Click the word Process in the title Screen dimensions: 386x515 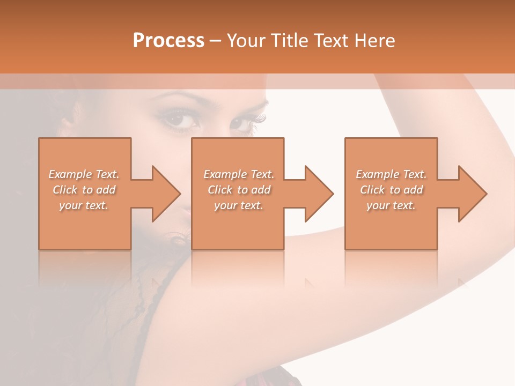168,41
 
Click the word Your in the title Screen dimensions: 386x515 247,41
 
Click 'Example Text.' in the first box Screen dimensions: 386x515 84,174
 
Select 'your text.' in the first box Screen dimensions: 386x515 84,205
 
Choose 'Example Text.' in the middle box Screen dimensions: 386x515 239,174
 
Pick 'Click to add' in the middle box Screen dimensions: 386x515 239,190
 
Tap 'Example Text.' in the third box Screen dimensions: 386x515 391,174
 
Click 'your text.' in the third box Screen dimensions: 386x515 391,205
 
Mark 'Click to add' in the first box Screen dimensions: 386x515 84,190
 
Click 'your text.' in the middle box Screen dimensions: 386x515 239,205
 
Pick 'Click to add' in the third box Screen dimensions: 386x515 391,190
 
